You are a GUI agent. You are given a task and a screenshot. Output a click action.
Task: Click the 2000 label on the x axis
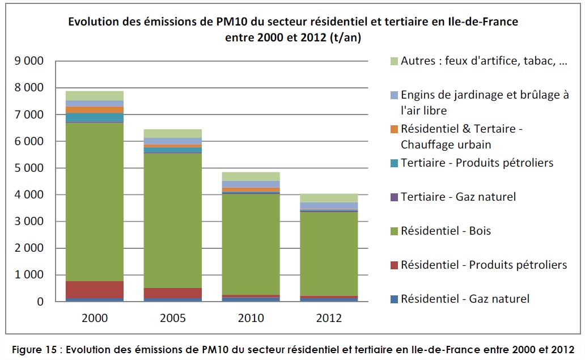click(x=95, y=317)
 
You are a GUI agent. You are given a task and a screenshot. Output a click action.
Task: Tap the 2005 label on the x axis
click(x=173, y=317)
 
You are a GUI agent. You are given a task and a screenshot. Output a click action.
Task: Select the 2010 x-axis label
click(x=251, y=317)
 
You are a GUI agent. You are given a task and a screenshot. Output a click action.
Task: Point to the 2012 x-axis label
click(x=329, y=317)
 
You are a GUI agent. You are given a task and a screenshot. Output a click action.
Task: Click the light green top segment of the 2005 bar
click(x=173, y=133)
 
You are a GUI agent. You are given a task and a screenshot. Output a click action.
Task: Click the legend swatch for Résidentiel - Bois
click(x=394, y=231)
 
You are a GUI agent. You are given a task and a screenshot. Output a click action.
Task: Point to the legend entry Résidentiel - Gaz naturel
click(x=465, y=298)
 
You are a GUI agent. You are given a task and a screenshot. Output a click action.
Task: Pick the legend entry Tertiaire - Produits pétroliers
click(x=476, y=163)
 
